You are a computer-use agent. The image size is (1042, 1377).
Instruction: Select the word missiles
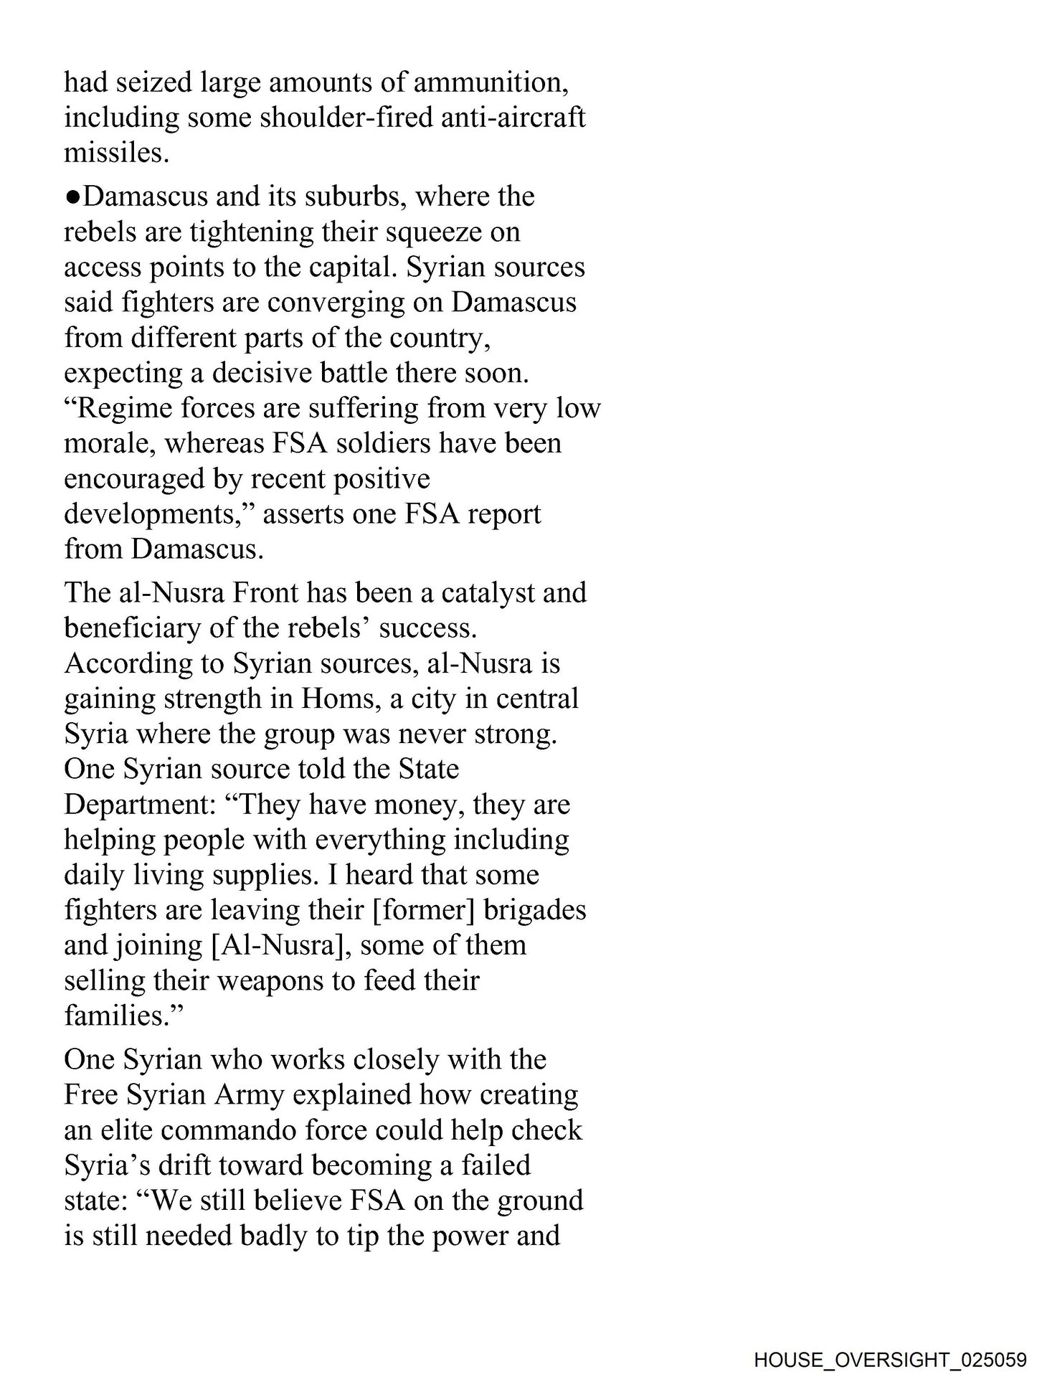(x=116, y=153)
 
